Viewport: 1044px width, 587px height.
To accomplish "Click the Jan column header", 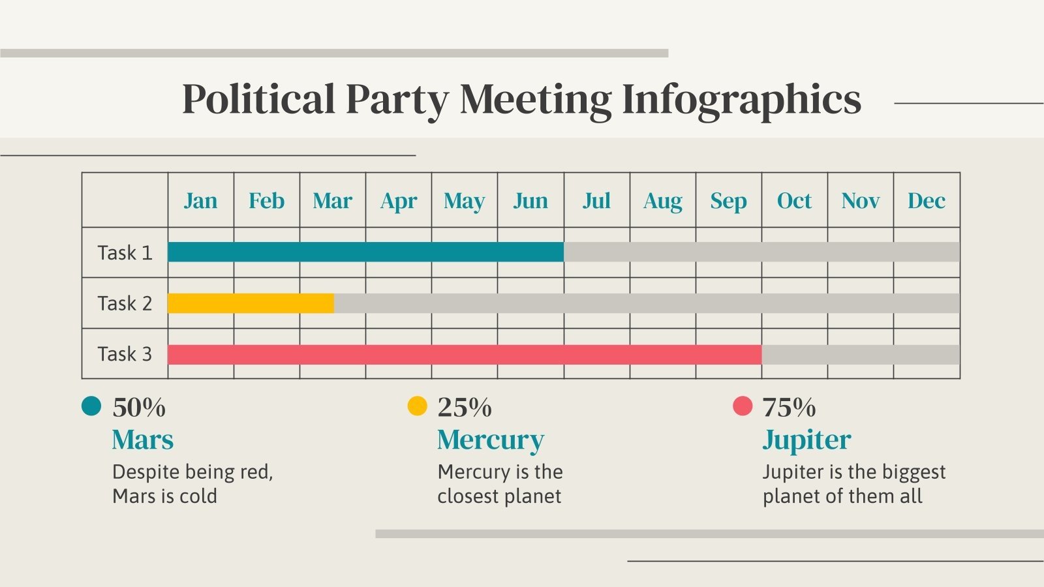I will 200,200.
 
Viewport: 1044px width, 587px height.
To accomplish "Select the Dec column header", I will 926,200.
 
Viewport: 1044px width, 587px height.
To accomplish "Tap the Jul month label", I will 596,200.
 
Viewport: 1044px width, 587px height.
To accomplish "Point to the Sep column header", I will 728,200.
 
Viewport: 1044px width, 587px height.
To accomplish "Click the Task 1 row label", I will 125,252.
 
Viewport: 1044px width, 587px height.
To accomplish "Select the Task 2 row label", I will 125,303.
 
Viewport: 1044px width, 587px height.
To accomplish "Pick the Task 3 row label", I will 125,354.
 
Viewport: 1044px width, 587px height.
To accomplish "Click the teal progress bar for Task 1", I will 365,252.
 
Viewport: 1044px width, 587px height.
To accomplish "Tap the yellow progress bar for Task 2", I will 251,303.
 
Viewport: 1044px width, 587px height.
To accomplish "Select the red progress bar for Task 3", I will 464,354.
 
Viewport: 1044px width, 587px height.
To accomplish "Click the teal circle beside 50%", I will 91,406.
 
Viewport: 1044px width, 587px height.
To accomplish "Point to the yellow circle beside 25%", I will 417,406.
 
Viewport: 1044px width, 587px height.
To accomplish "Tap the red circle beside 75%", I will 743,406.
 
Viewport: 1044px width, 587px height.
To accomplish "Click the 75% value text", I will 789,408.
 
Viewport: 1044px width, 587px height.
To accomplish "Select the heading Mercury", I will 490,440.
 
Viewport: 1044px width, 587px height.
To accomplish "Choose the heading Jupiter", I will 806,440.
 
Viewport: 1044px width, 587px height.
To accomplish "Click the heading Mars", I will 143,440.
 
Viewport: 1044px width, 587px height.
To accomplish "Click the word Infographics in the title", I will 741,100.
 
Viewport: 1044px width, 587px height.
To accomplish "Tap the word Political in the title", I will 258,100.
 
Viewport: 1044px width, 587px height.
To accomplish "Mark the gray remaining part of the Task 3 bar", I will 860,354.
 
